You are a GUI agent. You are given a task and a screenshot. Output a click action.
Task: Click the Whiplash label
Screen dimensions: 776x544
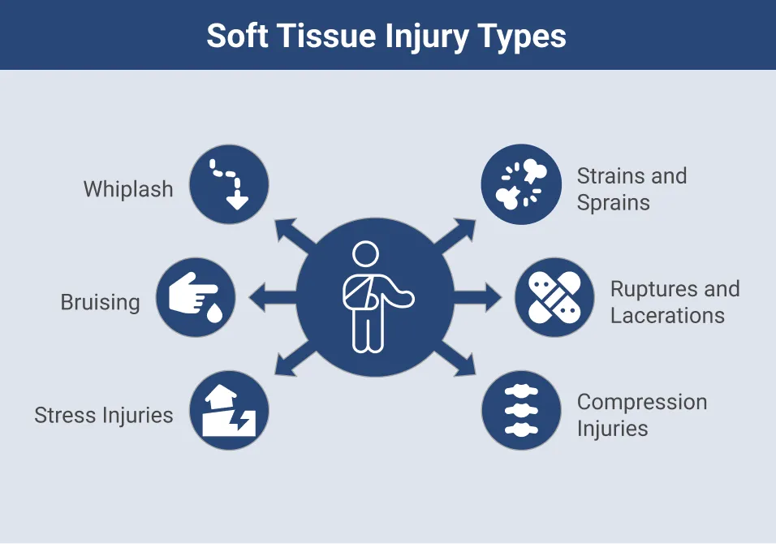pyautogui.click(x=128, y=189)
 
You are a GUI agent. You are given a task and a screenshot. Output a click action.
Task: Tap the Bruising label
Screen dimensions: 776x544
pyautogui.click(x=101, y=302)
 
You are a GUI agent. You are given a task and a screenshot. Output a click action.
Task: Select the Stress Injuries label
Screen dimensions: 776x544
pyautogui.click(x=104, y=415)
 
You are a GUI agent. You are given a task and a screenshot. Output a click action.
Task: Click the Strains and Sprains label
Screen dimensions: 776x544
pyautogui.click(x=632, y=189)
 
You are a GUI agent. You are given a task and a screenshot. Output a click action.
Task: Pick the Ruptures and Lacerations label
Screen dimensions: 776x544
pyautogui.click(x=675, y=302)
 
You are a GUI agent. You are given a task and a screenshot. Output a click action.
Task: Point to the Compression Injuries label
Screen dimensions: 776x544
pyautogui.click(x=641, y=415)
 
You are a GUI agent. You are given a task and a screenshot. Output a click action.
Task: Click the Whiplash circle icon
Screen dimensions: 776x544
pyautogui.click(x=229, y=185)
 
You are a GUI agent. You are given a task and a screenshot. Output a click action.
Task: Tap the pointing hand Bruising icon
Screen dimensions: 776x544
pyautogui.click(x=196, y=298)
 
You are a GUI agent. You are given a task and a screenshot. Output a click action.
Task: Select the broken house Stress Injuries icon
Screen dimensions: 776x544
pyautogui.click(x=229, y=411)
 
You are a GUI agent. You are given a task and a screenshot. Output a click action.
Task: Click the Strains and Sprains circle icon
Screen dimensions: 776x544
pyautogui.click(x=521, y=185)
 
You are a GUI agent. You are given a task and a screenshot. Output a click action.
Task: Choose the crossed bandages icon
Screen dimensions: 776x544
pyautogui.click(x=554, y=298)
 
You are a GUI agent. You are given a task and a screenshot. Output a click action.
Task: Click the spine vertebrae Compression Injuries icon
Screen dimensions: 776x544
pyautogui.click(x=521, y=411)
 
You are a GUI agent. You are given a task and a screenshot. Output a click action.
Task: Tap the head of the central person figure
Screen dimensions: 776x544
pyautogui.click(x=366, y=254)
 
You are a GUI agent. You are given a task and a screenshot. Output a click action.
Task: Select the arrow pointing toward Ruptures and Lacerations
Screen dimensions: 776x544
pyautogui.click(x=479, y=298)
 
